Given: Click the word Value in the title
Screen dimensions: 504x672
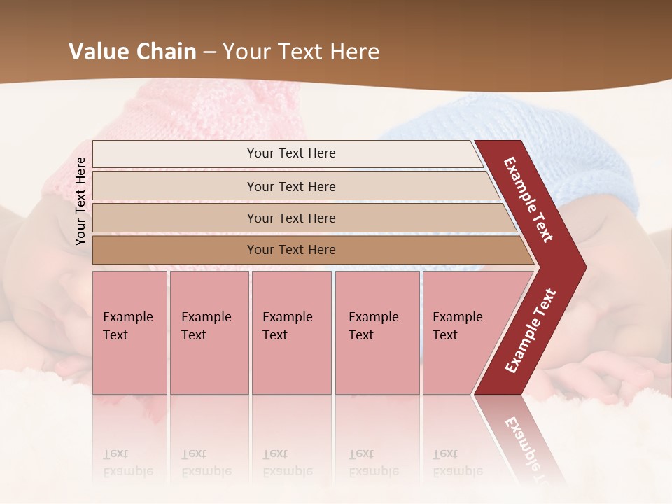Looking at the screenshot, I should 98,52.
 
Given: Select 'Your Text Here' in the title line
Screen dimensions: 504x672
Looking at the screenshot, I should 301,52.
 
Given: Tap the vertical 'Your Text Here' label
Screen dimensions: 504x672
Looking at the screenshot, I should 80,201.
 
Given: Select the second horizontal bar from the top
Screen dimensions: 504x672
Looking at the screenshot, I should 290,186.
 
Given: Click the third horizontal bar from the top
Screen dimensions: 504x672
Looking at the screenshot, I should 290,218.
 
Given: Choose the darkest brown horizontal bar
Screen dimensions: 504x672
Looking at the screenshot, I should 290,250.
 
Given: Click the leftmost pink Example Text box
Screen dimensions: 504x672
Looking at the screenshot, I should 129,332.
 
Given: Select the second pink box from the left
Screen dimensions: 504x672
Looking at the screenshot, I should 209,332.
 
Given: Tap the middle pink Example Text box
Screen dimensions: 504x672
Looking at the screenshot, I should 291,332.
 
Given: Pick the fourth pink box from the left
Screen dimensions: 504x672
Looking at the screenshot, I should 377,332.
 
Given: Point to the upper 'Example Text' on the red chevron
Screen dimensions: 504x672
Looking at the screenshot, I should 529,199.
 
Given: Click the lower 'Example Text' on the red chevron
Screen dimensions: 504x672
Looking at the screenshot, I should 530,331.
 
